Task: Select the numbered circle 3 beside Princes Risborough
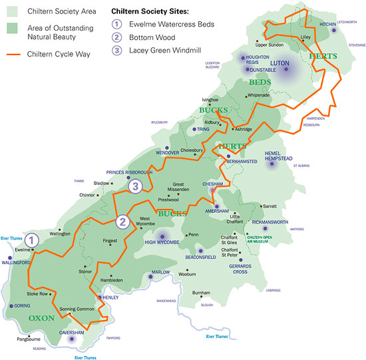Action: pos(135,186)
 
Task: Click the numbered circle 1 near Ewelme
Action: pos(34,240)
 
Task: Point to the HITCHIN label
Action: pos(328,24)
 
